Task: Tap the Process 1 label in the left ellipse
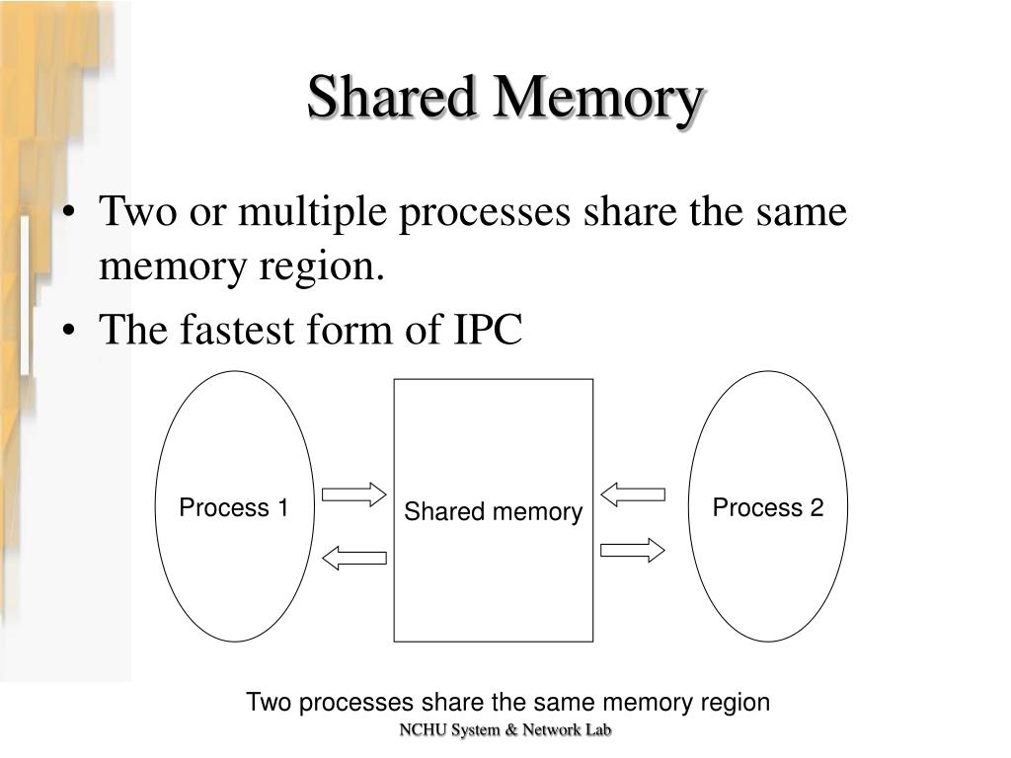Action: [x=233, y=508]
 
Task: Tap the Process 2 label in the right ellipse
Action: [x=768, y=508]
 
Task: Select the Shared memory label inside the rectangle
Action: [x=494, y=512]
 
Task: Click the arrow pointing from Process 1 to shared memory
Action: [x=353, y=494]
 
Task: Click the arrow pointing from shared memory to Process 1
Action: [x=353, y=559]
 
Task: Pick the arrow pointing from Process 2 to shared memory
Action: [x=633, y=493]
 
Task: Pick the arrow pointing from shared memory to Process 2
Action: [x=633, y=550]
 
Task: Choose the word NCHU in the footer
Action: [x=420, y=730]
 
